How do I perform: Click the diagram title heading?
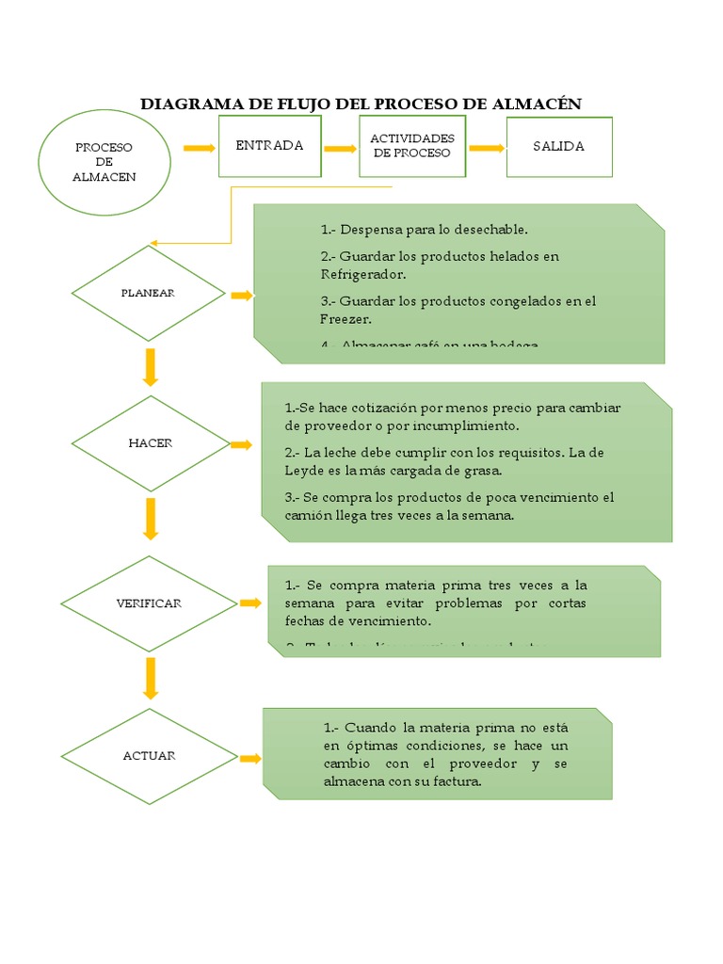click(361, 104)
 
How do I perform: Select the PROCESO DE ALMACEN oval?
click(104, 162)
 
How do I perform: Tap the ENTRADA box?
click(269, 146)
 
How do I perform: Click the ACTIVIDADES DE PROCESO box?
click(411, 146)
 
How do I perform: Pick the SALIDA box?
click(558, 146)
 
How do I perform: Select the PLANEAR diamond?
click(148, 293)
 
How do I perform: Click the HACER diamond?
click(150, 443)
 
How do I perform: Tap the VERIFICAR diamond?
click(148, 602)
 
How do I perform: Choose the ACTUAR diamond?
click(149, 756)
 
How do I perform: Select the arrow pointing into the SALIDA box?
click(486, 148)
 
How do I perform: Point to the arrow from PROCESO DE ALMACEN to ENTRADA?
click(200, 148)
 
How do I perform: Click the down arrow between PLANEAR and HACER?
click(150, 367)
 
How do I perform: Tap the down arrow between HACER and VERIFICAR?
click(150, 519)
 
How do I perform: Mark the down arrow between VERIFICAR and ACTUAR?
click(150, 677)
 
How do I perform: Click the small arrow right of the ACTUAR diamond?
click(249, 759)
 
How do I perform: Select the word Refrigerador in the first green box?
click(362, 275)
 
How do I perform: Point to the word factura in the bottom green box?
click(458, 780)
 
